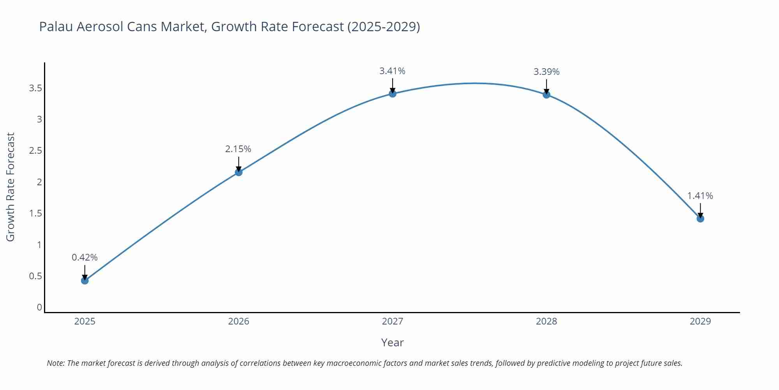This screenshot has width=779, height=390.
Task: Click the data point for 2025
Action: click(x=85, y=280)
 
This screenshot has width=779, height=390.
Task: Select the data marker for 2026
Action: click(x=239, y=172)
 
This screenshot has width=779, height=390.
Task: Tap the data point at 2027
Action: click(x=393, y=94)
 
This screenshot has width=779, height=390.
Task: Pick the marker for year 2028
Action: click(x=546, y=94)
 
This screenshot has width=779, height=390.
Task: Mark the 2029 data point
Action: click(x=700, y=218)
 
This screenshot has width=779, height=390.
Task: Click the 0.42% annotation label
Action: click(x=85, y=257)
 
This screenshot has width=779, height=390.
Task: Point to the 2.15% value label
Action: click(x=238, y=149)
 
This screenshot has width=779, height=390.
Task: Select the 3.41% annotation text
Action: click(x=392, y=71)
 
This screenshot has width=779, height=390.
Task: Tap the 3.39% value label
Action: click(x=546, y=72)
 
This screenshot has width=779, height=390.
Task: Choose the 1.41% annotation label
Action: click(x=700, y=196)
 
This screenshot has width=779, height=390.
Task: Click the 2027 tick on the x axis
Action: click(x=393, y=321)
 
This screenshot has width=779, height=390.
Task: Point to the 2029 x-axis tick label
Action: click(x=700, y=321)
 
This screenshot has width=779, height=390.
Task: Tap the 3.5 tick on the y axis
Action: click(x=35, y=88)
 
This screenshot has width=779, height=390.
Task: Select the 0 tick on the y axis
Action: click(x=39, y=307)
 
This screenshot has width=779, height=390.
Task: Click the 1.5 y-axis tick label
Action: click(x=35, y=213)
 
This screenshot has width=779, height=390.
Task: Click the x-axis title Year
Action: click(x=392, y=342)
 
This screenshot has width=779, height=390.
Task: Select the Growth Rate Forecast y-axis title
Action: click(x=11, y=187)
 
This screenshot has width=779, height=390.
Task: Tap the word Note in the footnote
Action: click(x=56, y=363)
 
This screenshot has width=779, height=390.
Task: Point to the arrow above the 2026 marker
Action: click(x=239, y=163)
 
